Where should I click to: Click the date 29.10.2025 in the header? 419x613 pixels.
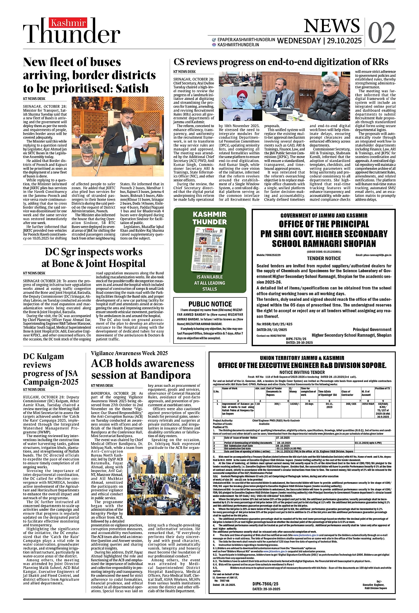[344, 41]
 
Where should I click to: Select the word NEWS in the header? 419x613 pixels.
[332, 26]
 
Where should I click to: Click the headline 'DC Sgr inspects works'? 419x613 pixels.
[93, 252]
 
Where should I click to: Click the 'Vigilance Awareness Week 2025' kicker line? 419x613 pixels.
[129, 353]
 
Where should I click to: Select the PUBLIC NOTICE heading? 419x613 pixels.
[210, 304]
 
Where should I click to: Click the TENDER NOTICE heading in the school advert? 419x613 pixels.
[324, 259]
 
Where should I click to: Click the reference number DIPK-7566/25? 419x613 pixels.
[265, 583]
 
